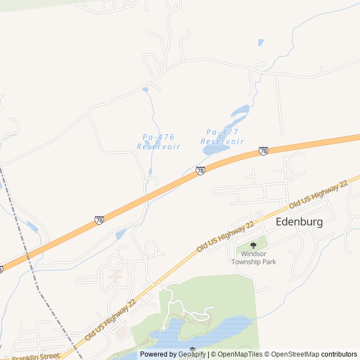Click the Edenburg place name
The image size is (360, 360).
coord(299,222)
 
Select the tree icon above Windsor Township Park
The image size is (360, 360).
coord(253,245)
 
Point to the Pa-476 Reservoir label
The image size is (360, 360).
coord(158,141)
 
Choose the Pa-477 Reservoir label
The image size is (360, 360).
coord(222,137)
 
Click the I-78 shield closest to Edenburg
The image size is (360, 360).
coord(263,151)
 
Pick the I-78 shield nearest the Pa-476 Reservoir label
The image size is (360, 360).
coord(200,170)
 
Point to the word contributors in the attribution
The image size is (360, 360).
coord(339,354)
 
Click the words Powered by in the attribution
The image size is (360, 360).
coord(157,354)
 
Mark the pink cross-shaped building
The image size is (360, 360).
coord(116,276)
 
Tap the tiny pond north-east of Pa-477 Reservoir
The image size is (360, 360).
coord(260,42)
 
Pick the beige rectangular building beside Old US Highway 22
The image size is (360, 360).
coord(121,332)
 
